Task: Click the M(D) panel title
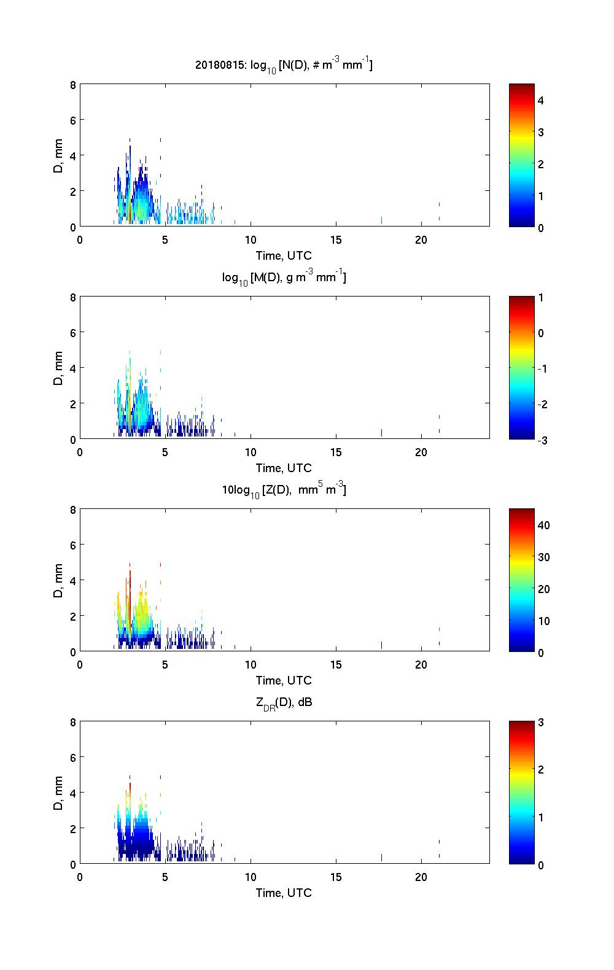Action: (x=284, y=278)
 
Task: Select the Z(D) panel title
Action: (x=284, y=490)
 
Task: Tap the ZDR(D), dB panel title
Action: (x=284, y=703)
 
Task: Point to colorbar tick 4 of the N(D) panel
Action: (x=541, y=100)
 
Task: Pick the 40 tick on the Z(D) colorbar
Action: (x=543, y=526)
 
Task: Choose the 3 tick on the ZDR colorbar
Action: (x=541, y=723)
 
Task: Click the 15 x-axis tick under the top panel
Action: (x=336, y=240)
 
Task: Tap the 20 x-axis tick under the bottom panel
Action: (x=421, y=877)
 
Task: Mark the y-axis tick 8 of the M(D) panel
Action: (x=73, y=298)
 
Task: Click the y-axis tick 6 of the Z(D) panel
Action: (x=73, y=545)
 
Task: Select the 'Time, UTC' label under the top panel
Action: (x=284, y=255)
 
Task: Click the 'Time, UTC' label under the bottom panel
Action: (x=284, y=893)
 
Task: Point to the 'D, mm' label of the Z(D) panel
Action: (x=59, y=580)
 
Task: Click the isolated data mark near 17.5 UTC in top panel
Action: (x=381, y=220)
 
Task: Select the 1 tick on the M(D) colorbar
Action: (x=541, y=298)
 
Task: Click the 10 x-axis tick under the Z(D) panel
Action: (x=251, y=665)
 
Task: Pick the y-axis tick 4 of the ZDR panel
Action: (x=73, y=793)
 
